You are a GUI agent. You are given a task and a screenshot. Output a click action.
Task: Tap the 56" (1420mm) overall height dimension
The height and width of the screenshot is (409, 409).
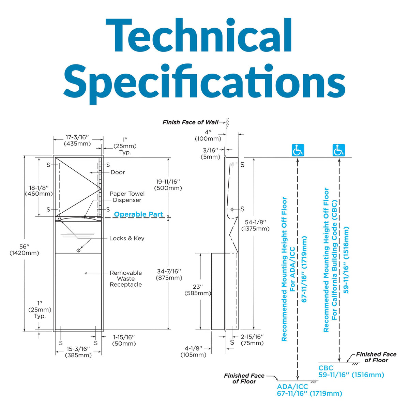tap(25, 249)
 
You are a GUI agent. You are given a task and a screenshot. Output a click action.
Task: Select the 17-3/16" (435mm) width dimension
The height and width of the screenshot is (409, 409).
tap(77, 140)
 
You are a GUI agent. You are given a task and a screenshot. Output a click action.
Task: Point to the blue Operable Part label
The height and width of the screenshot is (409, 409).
tap(138, 214)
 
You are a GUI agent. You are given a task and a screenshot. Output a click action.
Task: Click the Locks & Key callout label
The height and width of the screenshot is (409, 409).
tap(127, 238)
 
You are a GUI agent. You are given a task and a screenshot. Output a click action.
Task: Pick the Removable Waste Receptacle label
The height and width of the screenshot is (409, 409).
tap(126, 279)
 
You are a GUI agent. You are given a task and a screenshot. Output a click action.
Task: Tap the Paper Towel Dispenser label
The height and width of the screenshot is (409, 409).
tap(127, 197)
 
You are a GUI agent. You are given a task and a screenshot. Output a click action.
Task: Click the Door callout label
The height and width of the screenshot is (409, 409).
tap(118, 172)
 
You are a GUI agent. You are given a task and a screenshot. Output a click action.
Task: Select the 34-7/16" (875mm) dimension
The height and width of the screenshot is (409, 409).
tap(169, 274)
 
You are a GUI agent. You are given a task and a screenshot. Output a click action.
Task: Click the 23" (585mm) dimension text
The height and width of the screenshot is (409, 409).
tap(198, 290)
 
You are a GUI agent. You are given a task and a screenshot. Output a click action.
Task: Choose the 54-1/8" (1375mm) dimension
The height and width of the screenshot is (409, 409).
tap(255, 225)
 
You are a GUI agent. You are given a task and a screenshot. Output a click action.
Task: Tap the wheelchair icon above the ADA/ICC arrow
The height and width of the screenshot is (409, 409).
tap(298, 150)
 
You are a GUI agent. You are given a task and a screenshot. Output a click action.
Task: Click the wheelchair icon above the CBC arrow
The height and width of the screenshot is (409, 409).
tap(339, 150)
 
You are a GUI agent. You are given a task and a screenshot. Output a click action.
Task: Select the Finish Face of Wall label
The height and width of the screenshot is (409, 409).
tap(191, 122)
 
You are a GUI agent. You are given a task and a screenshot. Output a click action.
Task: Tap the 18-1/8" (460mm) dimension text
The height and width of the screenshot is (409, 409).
tap(39, 191)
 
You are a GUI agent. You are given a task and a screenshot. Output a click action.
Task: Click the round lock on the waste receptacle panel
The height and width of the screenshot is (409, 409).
tap(78, 251)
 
